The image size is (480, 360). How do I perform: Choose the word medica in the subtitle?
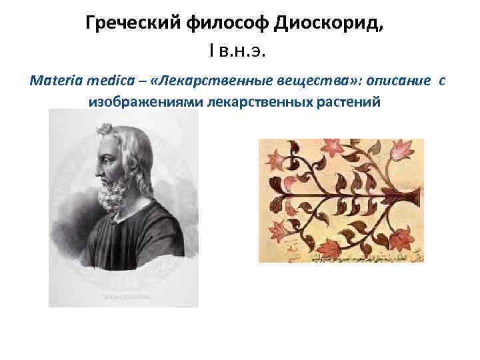point(107,81)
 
